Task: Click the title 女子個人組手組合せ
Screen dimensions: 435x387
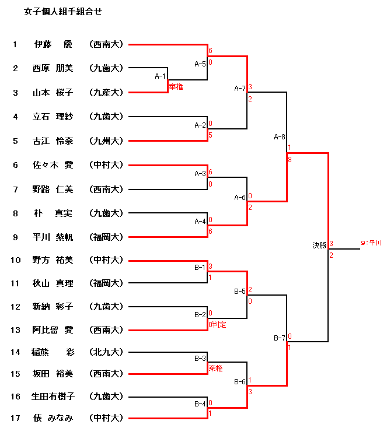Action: pos(62,11)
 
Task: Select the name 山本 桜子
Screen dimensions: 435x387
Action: pos(53,92)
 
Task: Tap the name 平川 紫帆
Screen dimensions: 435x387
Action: pos(53,237)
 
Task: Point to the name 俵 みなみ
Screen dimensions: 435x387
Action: pos(53,418)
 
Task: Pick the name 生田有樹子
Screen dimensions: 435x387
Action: pos(53,397)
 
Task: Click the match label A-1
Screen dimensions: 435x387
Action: pos(161,76)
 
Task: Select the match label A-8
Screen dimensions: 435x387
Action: pos(280,137)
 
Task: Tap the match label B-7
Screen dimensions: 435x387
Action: pos(280,338)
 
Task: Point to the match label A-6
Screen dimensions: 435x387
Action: pos(239,197)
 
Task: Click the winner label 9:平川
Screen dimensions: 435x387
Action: pos(371,243)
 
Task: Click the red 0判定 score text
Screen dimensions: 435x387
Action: pos(217,324)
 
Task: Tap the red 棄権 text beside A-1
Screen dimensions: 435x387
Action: pos(176,86)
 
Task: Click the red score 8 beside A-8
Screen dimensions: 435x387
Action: pos(290,158)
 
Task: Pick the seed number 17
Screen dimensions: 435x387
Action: pos(15,418)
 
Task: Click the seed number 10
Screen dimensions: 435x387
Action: pos(15,260)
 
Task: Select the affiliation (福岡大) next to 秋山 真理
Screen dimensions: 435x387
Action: pos(106,283)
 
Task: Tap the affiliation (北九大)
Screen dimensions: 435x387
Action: pos(106,352)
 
